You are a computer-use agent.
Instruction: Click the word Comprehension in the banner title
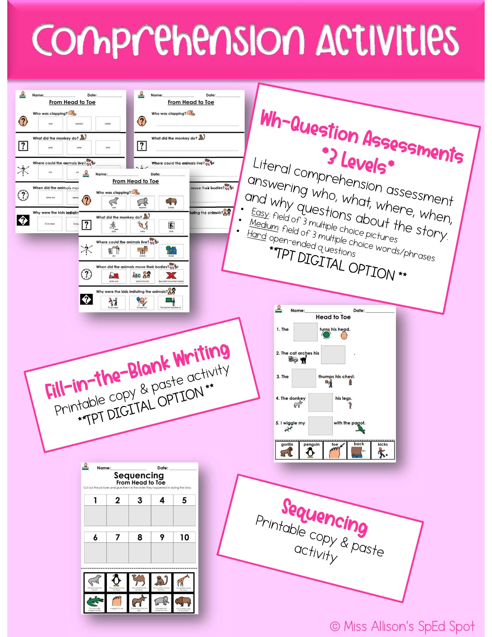click(168, 40)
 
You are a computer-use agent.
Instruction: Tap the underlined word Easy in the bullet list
click(260, 213)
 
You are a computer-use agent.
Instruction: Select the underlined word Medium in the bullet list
click(264, 224)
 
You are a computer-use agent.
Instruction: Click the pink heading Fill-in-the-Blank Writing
click(137, 371)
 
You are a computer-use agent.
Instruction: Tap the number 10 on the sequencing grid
click(184, 537)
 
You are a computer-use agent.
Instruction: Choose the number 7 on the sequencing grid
click(118, 537)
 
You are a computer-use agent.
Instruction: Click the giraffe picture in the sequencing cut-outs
click(184, 580)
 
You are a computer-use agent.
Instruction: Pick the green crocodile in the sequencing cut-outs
click(95, 601)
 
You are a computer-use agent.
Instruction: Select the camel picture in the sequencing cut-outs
click(139, 580)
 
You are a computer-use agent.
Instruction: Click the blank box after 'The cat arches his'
click(333, 355)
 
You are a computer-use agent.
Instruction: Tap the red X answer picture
click(171, 276)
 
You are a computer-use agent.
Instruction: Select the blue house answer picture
click(171, 251)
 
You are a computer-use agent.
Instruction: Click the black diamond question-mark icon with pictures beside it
click(86, 299)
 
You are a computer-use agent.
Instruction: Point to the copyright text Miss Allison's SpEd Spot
click(402, 626)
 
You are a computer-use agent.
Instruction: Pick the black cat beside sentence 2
click(304, 360)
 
